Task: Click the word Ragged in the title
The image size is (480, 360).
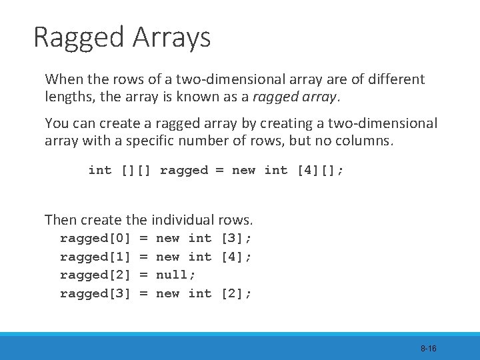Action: click(x=79, y=38)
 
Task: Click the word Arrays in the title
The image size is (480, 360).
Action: click(x=171, y=38)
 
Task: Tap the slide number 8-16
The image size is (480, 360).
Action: click(x=428, y=349)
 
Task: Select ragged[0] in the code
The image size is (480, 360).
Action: click(x=95, y=238)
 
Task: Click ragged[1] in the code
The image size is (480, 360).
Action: click(x=95, y=257)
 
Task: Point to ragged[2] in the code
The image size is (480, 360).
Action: click(x=95, y=275)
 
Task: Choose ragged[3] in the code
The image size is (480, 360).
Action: click(x=95, y=293)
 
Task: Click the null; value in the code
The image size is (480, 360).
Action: click(x=175, y=275)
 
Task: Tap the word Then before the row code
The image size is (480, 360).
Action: click(x=60, y=219)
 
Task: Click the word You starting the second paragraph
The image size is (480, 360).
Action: click(x=55, y=123)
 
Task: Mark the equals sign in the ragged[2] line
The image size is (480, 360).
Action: click(x=143, y=275)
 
